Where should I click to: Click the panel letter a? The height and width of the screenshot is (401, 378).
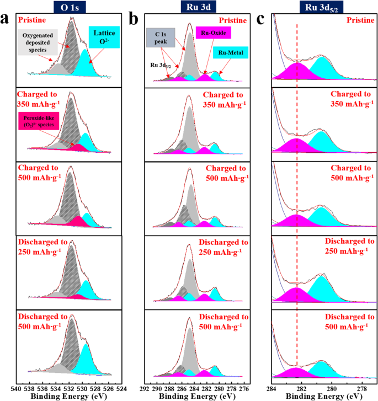(x=6, y=20)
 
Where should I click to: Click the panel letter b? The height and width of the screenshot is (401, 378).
(x=135, y=20)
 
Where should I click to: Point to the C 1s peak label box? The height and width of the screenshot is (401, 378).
(x=161, y=37)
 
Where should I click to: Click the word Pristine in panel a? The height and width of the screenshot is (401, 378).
(x=34, y=20)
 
